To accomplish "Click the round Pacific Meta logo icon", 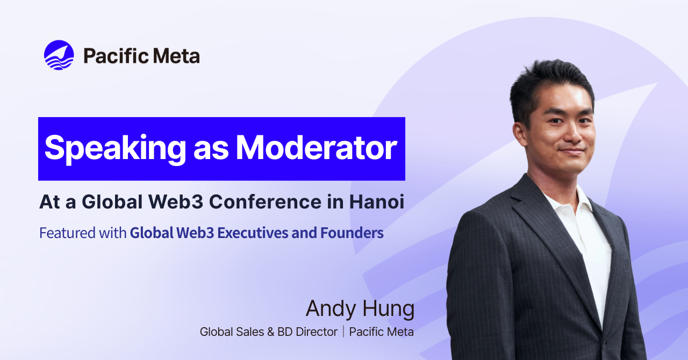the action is pos(59,55).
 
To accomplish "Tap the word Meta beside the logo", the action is pos(176,56).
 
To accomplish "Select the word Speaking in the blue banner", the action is pos(115,149).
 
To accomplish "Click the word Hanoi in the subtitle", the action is pos(377,202).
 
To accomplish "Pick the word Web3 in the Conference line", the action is pos(176,202).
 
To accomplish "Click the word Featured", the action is pos(68,233).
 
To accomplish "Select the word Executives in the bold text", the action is pos(253,233).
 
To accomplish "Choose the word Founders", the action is pos(352,233).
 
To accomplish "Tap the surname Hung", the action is pos(389,309).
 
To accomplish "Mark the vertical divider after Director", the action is pos(343,332).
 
